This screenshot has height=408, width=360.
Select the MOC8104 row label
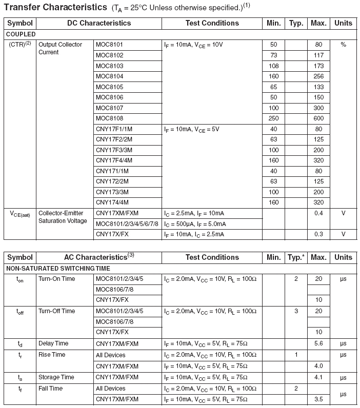[x=110, y=76]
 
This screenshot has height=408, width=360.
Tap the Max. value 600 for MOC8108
[x=318, y=118]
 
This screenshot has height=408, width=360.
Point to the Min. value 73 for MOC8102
[x=273, y=55]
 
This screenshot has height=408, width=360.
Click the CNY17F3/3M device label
[x=114, y=150]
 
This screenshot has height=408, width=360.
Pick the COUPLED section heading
[x=21, y=34]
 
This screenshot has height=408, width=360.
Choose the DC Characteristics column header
[x=99, y=23]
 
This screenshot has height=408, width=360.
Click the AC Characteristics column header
[x=99, y=257]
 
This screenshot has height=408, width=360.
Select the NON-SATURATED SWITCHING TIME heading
[x=58, y=268]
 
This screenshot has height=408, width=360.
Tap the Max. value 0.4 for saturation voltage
[x=318, y=213]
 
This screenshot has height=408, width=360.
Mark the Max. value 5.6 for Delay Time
[x=318, y=343]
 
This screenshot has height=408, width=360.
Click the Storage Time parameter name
[x=56, y=377]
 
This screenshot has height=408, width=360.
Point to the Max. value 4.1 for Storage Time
[x=318, y=378]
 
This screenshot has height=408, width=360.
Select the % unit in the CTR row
[x=343, y=45]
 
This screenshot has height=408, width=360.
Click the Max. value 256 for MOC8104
[x=318, y=76]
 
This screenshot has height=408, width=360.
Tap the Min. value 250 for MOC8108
[x=273, y=118]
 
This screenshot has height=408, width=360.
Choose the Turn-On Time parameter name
[x=56, y=279]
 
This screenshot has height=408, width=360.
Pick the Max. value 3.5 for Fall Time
[x=318, y=399]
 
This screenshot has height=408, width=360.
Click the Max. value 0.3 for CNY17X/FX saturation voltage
[x=318, y=234]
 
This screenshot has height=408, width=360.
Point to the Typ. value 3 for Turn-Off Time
[x=296, y=311]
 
